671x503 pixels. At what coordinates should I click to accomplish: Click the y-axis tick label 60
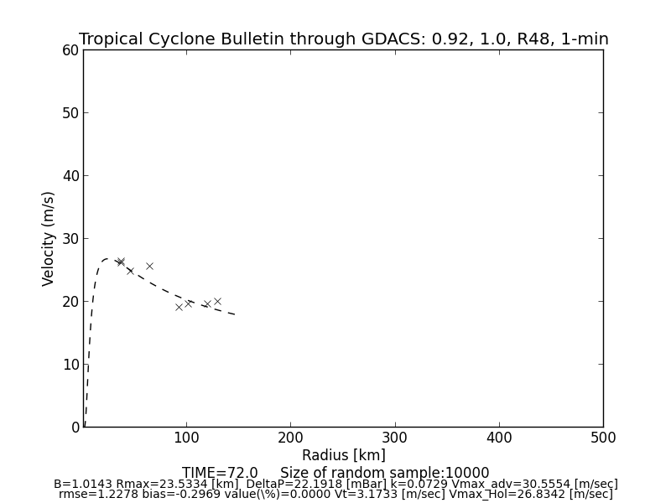pos(70,50)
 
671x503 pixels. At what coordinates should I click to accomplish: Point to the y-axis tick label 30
pos(70,239)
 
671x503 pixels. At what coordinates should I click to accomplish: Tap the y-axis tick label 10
pos(70,365)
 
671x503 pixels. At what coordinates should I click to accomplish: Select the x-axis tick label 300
pos(394,438)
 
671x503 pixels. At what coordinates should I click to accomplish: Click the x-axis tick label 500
pos(603,438)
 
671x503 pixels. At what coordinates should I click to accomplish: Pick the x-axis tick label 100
pos(185,438)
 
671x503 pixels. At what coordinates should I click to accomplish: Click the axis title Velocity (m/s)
pos(49,238)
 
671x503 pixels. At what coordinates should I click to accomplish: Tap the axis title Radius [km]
pos(344,455)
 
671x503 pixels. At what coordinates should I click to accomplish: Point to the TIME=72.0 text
pos(220,473)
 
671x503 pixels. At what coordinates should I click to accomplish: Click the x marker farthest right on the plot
pos(217,301)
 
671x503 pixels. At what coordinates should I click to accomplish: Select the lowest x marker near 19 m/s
pos(179,307)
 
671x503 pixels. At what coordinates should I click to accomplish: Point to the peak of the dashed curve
pos(107,259)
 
